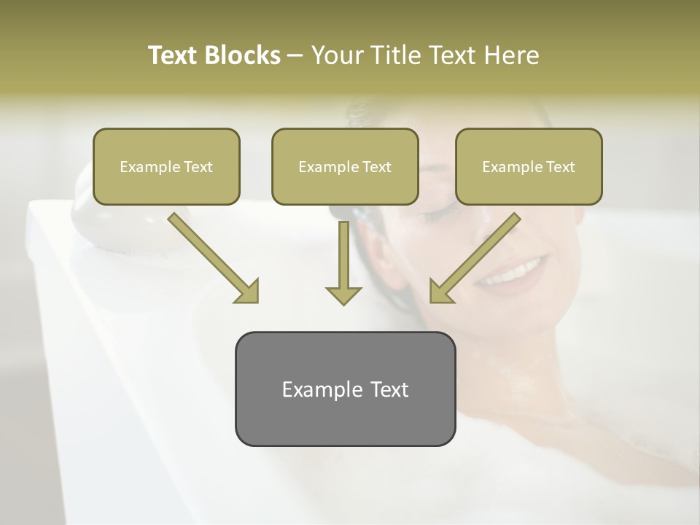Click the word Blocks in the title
tap(243, 55)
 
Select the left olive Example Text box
tap(166, 166)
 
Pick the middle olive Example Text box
tap(345, 166)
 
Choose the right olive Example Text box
tap(529, 166)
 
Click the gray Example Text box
tap(345, 389)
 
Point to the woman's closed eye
tap(437, 213)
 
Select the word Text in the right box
tap(560, 166)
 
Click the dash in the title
tap(295, 55)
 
